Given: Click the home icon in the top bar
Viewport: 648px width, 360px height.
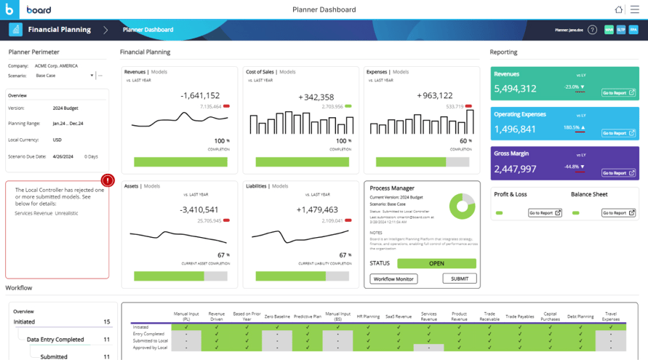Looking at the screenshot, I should coord(619,9).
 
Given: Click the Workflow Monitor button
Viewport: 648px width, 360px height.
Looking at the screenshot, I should coord(393,279).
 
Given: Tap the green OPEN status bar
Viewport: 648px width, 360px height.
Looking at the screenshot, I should coord(436,263).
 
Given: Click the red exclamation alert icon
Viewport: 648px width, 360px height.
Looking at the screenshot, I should coord(108,180).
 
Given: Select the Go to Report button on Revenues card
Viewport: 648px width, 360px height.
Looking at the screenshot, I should coord(618,93).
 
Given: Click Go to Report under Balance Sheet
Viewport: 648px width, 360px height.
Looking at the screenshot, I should coord(618,213).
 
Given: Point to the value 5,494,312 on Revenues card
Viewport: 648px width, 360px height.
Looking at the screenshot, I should coord(515,89).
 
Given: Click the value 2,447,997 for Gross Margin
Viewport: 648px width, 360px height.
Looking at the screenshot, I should coord(515,169).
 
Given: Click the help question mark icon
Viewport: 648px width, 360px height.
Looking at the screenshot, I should coord(592,30).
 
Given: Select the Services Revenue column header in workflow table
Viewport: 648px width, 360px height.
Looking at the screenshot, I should coord(428,316).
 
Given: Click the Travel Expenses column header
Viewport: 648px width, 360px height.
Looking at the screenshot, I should coord(610,316).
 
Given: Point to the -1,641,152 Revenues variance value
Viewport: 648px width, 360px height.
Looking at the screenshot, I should coord(200,95).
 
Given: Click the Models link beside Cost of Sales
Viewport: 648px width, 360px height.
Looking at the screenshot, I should coord(287,72).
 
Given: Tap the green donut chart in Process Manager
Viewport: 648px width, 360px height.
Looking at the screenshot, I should coord(462,207).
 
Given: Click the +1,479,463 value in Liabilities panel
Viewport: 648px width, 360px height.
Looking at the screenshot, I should coord(317,209).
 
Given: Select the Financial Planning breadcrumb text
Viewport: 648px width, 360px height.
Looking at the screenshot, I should coord(59,30).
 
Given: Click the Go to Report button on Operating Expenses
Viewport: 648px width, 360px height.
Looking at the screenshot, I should coord(618,133).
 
